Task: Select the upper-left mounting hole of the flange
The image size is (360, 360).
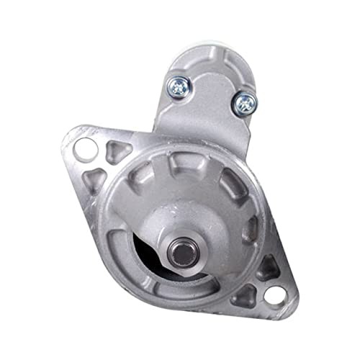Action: pos(85,148)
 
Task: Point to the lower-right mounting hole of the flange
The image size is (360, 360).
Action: pos(274,294)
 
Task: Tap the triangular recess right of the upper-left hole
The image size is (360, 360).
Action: pos(115,150)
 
